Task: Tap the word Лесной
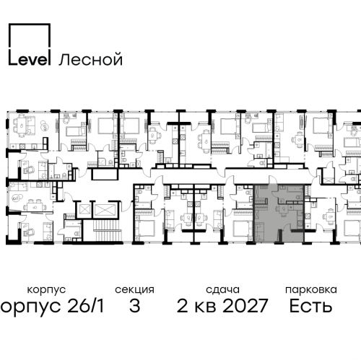coord(91,59)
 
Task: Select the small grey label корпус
coord(46,290)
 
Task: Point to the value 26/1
coord(86,305)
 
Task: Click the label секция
coord(134,290)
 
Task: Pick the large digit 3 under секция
coord(134,306)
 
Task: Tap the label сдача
coord(222,289)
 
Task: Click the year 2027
coord(245,306)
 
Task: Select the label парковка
coord(311,289)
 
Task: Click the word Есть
coord(310,306)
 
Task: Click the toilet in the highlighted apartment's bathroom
coord(298,197)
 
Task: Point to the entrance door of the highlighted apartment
coord(273,180)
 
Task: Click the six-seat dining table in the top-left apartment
coord(22,125)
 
